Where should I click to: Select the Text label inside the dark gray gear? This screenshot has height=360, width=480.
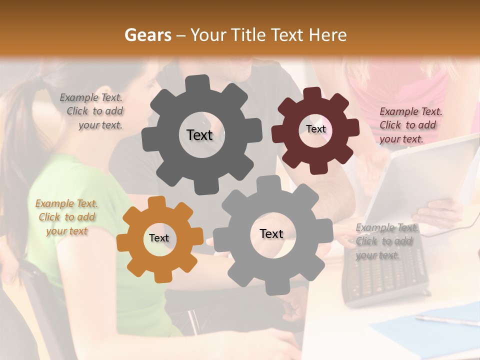tap(199, 135)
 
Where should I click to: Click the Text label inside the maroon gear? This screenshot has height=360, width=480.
tap(315, 129)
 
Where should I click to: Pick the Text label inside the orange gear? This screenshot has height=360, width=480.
tap(159, 238)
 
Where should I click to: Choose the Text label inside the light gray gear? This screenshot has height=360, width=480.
tap(271, 233)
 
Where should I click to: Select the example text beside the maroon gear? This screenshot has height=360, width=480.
tap(410, 125)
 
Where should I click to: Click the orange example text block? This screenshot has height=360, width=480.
tap(66, 217)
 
